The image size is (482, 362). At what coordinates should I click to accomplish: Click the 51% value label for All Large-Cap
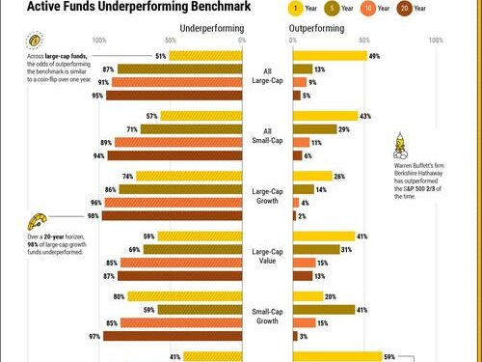coord(161,56)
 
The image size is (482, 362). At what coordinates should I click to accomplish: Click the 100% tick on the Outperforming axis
coord(435,42)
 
